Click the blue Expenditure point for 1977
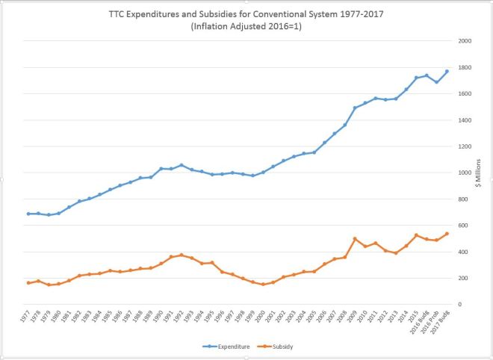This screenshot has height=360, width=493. pyautogui.click(x=28, y=214)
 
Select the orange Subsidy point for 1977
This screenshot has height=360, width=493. pyautogui.click(x=28, y=283)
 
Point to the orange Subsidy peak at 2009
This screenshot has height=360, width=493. pyautogui.click(x=355, y=239)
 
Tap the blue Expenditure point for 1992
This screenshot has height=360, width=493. pyautogui.click(x=181, y=165)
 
